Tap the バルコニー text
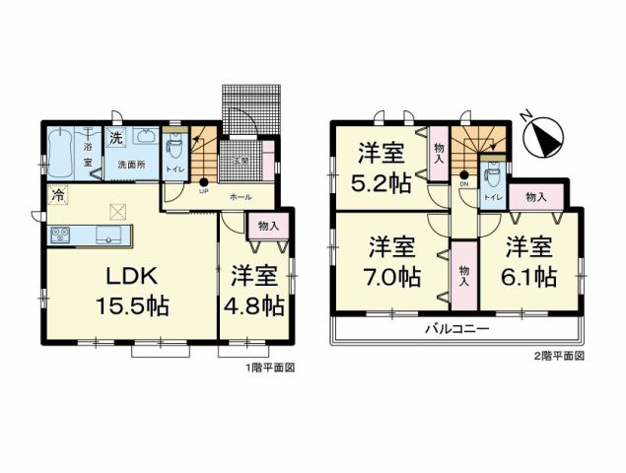456,328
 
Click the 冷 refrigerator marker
58,196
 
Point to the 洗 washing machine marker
115,138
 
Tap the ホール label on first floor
240,197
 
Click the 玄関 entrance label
240,161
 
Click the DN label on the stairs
463,184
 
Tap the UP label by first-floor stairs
203,191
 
